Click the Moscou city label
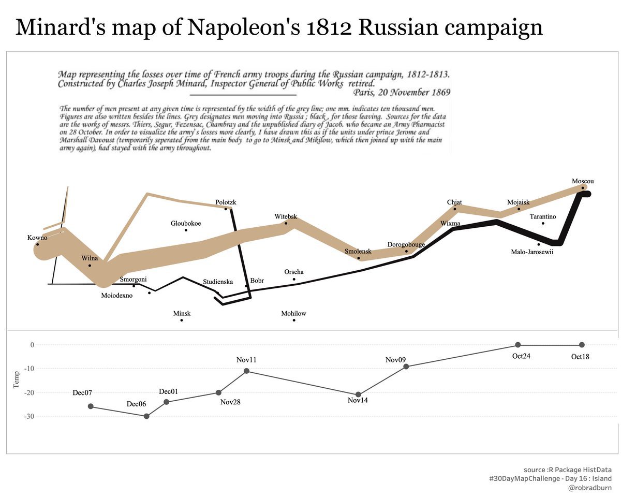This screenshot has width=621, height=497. click(x=582, y=181)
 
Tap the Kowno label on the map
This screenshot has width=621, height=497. click(x=37, y=238)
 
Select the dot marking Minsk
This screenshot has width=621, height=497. click(x=182, y=320)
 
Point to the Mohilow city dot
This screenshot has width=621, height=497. click(x=294, y=320)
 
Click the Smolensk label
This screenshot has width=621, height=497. click(x=358, y=252)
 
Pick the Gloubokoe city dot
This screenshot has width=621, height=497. click(x=186, y=230)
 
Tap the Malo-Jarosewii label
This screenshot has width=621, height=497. click(x=532, y=253)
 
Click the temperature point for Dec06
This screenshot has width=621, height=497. click(x=146, y=416)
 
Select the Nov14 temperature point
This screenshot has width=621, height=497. click(x=358, y=394)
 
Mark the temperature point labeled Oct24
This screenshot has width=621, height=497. click(x=518, y=345)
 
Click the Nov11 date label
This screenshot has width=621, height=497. click(x=246, y=360)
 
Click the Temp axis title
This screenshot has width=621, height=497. click(x=17, y=379)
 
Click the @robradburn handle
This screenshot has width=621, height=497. click(x=589, y=488)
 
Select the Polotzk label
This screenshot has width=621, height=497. click(x=226, y=202)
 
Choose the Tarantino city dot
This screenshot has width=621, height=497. click(x=543, y=223)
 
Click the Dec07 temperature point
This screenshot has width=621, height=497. click(x=91, y=406)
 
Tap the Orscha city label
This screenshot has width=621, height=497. click(x=294, y=272)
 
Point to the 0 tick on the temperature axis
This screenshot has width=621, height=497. click(x=32, y=345)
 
